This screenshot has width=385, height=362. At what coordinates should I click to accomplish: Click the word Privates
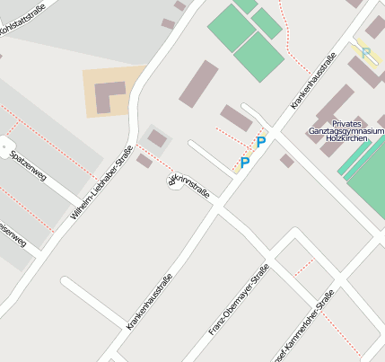pos(347,123)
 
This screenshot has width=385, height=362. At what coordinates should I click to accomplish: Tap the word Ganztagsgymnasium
pos(346,131)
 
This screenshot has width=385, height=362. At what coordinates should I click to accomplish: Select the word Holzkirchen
pos(345,139)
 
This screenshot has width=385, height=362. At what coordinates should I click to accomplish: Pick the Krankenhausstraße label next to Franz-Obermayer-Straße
pos(149,302)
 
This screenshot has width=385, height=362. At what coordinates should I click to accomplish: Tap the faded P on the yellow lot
pos(366,53)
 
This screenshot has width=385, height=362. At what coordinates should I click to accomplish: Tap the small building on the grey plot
pos(157,138)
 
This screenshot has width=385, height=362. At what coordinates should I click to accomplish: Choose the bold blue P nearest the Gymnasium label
pos(261,142)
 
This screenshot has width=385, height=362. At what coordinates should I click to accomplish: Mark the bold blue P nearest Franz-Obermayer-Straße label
pos(244,163)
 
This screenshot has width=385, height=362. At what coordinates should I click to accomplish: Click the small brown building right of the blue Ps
pos(286,161)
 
